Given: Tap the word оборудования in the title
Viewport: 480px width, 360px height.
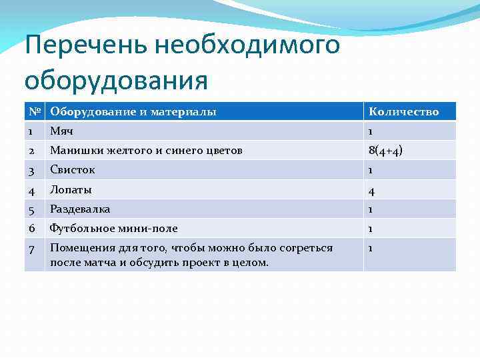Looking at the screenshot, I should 116,81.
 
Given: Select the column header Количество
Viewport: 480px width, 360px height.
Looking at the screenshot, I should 403,111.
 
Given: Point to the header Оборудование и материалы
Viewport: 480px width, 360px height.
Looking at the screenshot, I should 133,111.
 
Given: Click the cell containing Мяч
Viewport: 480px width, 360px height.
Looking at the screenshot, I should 61,131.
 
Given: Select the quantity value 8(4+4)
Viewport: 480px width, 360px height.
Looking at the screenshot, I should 385,151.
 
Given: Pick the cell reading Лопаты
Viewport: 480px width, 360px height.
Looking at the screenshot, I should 70,189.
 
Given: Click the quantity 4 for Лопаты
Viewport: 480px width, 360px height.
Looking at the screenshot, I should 372,190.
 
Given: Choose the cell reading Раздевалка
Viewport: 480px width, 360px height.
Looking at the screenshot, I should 79,209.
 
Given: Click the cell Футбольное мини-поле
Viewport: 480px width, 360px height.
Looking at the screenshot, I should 113,228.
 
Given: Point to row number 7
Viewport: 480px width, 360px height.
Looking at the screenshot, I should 31,249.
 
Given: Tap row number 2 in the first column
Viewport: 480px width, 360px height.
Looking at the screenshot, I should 31,151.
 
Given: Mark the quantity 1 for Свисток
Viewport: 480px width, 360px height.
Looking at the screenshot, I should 371,170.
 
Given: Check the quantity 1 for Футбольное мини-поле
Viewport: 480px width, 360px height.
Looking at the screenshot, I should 371,228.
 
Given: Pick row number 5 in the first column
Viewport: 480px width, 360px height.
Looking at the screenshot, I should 31,209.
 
